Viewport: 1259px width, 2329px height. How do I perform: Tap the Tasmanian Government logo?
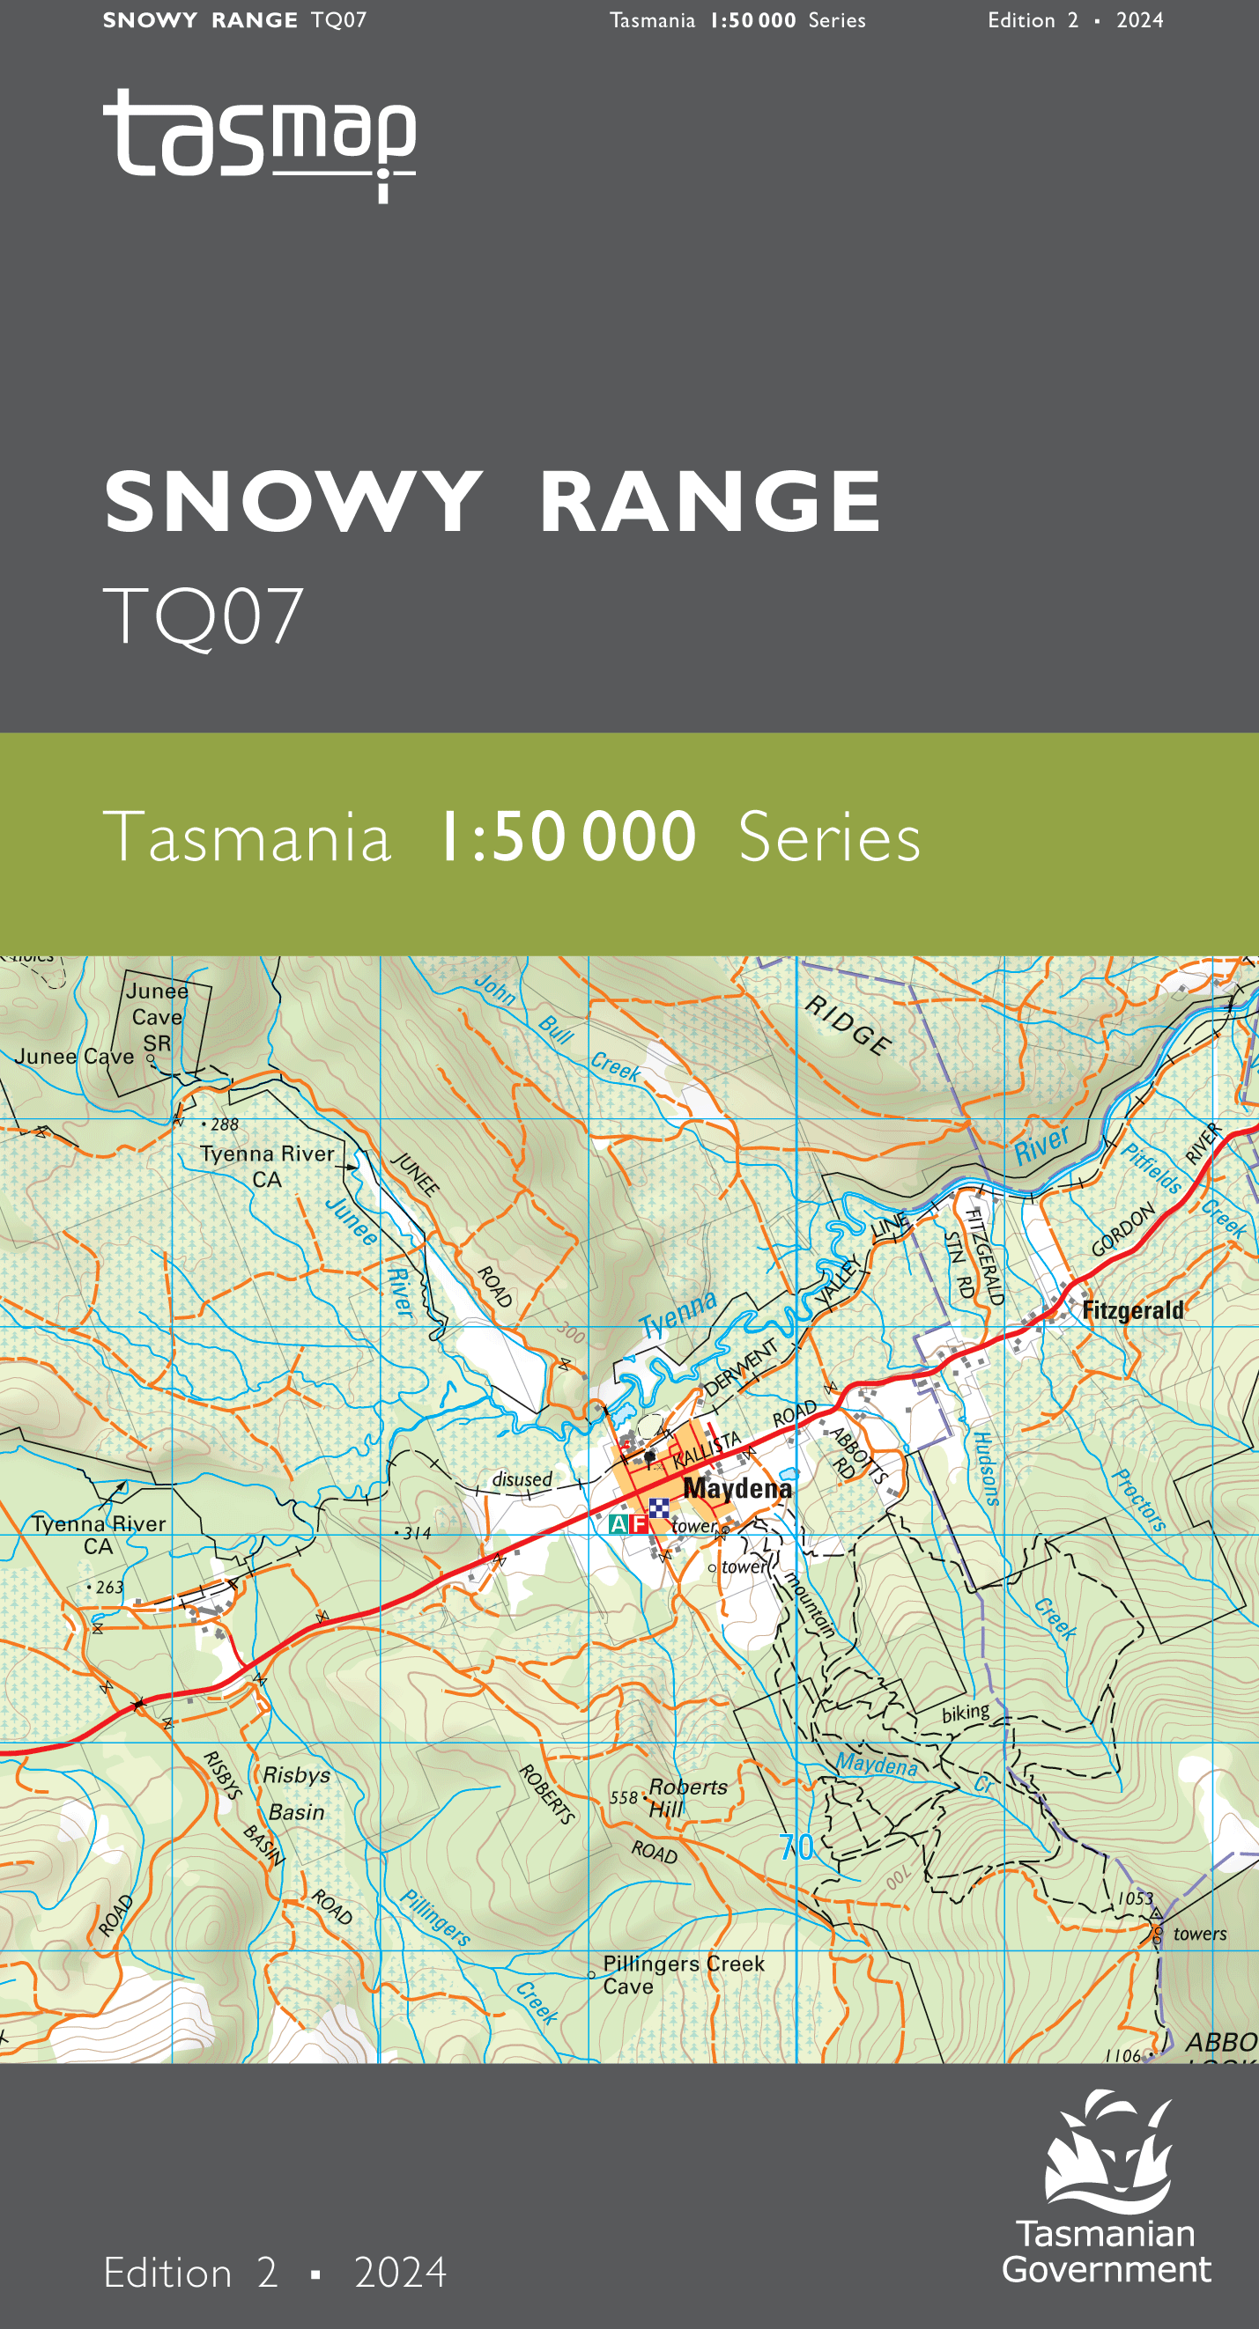(x=1107, y=2189)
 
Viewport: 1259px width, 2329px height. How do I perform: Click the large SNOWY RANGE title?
(x=492, y=502)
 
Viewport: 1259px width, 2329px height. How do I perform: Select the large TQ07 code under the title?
(x=204, y=616)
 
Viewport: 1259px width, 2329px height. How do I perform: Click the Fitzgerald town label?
(x=1132, y=1310)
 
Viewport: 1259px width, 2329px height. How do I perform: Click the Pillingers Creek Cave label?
(x=683, y=1974)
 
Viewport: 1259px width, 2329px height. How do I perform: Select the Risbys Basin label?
(x=296, y=1793)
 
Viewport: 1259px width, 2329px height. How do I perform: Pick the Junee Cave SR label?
(x=158, y=1016)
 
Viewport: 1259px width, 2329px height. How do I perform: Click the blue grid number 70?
(x=796, y=1847)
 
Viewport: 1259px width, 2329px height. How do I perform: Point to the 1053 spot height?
(x=1135, y=1898)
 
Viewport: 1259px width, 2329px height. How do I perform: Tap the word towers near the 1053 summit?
(x=1199, y=1934)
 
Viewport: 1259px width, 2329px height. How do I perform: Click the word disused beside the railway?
(x=522, y=1479)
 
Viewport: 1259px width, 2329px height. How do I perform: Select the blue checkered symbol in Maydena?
(x=659, y=1507)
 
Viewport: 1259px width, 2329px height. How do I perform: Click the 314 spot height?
(x=416, y=1533)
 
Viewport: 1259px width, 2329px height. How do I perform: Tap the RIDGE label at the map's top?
(x=848, y=1024)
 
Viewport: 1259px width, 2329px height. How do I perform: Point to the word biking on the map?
(x=965, y=1713)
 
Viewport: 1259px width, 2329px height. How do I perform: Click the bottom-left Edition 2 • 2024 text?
(x=275, y=2273)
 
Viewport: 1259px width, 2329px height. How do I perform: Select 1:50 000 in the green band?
(x=567, y=837)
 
